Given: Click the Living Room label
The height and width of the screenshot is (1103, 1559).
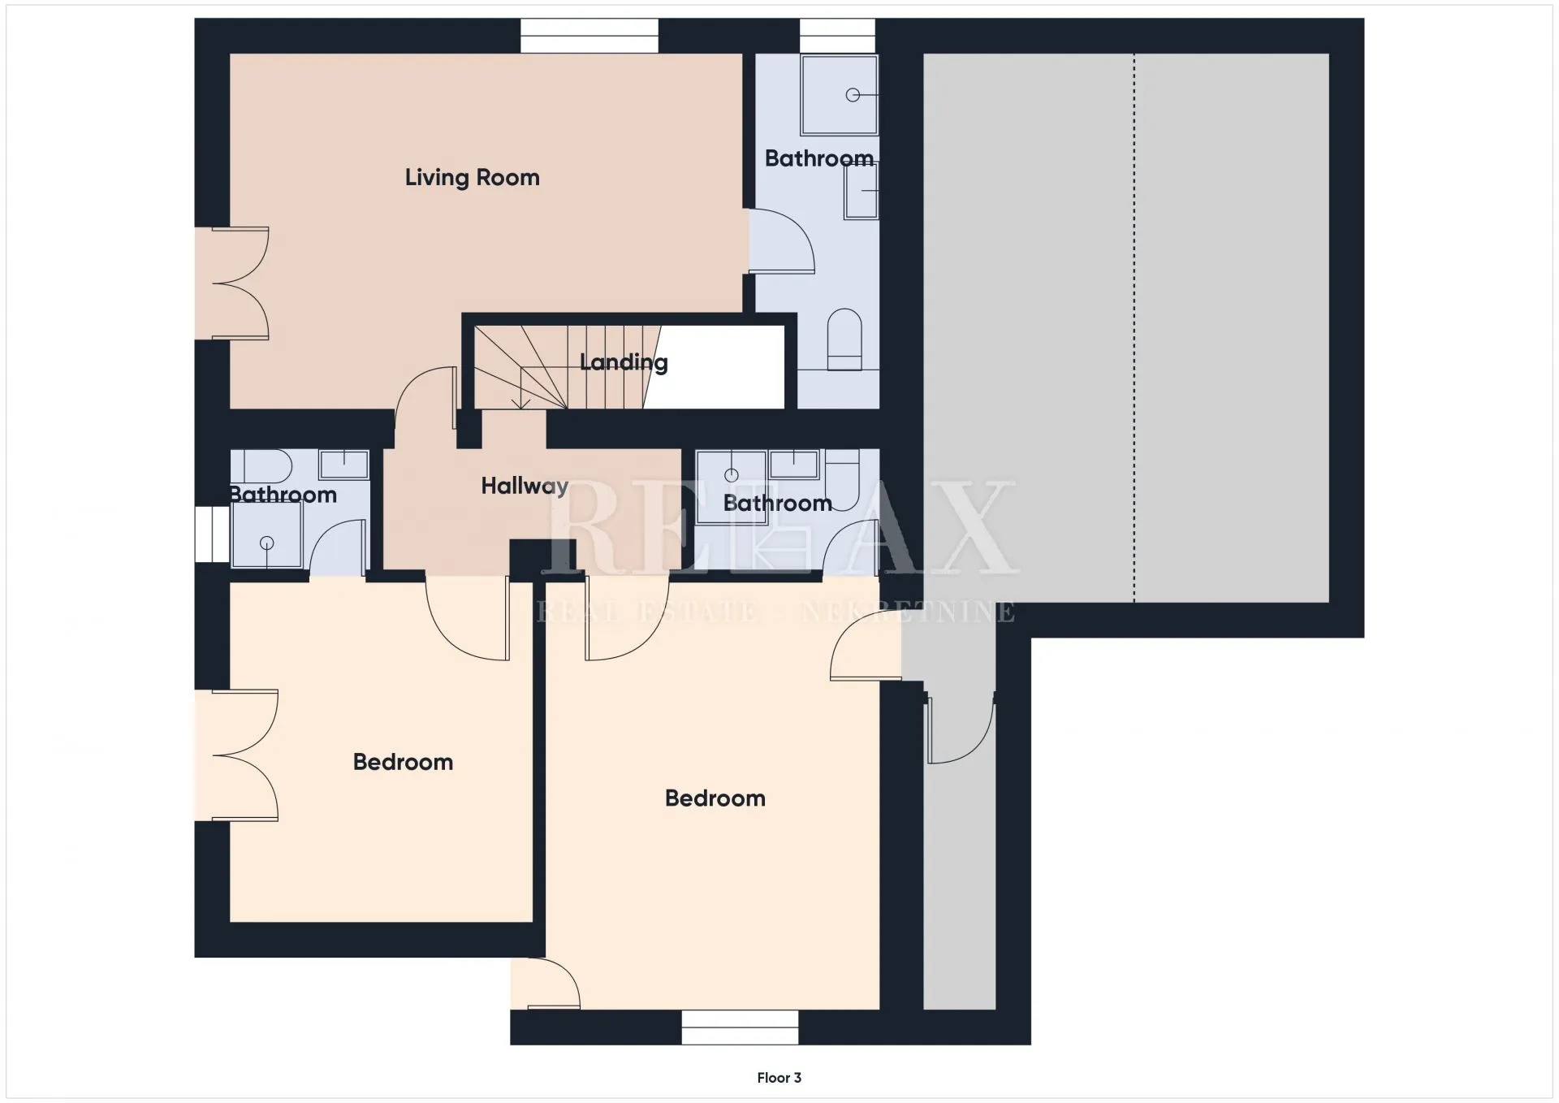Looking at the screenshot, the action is click(x=472, y=178).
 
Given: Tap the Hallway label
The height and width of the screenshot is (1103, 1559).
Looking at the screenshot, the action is click(x=525, y=486).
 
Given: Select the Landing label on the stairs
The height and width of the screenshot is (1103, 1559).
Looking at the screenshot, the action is click(x=624, y=362).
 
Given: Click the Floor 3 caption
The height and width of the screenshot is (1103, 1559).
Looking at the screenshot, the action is click(x=779, y=1078).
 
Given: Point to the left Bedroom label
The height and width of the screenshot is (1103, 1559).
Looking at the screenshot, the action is click(x=403, y=762).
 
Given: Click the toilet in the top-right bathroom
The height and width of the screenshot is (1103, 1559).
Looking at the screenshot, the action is click(x=844, y=339).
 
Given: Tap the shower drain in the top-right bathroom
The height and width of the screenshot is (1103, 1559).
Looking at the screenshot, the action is click(x=853, y=95).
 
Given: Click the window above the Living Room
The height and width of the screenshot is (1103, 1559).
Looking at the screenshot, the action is click(x=589, y=36).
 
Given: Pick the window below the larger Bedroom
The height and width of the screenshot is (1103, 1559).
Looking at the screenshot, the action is click(x=740, y=1027).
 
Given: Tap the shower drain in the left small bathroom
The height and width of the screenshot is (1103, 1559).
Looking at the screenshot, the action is click(x=266, y=543).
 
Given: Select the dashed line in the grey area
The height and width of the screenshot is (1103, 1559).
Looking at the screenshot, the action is click(x=1134, y=328).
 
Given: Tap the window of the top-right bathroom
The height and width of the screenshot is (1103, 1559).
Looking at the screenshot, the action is click(x=837, y=36).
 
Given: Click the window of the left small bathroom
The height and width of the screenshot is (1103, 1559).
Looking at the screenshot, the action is click(x=212, y=534).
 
